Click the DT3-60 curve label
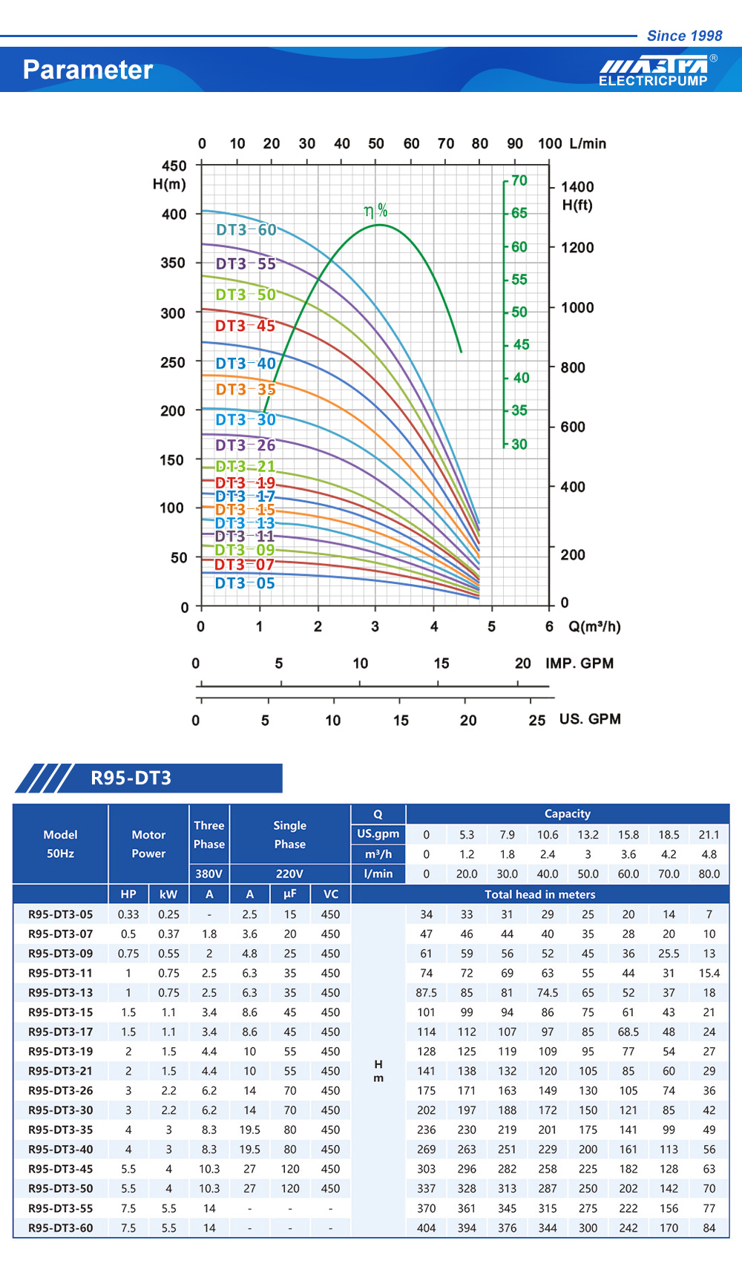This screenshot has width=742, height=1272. [x=246, y=230]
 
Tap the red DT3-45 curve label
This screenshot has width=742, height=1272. [x=245, y=326]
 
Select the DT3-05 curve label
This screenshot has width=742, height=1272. [x=245, y=583]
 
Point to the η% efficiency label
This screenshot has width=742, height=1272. [x=376, y=211]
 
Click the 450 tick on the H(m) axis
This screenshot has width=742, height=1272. [x=174, y=165]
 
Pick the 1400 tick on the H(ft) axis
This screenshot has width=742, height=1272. [x=577, y=187]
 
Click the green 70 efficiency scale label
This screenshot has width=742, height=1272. [x=519, y=180]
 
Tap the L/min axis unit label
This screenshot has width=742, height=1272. [x=588, y=143]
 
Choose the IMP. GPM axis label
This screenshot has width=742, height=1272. [x=580, y=663]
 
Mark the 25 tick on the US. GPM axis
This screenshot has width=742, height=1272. [x=537, y=720]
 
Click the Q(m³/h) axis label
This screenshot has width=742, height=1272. [x=594, y=626]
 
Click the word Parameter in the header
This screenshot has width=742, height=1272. [x=88, y=70]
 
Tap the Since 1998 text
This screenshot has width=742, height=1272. [x=684, y=36]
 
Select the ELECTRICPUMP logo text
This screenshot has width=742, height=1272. [x=653, y=81]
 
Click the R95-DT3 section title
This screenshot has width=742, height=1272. [x=131, y=778]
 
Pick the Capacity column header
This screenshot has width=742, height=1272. [x=568, y=813]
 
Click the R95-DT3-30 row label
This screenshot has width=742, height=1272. [x=61, y=1110]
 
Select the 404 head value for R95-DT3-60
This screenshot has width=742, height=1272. [x=427, y=1227]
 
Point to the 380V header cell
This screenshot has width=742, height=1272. [x=209, y=873]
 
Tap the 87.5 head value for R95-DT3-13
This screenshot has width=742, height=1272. [x=427, y=992]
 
